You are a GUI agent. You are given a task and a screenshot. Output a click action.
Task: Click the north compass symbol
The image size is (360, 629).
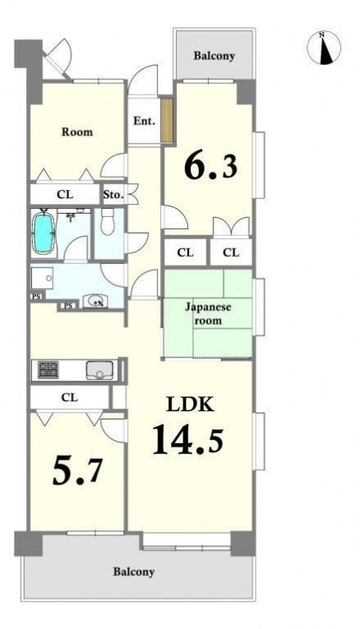324,48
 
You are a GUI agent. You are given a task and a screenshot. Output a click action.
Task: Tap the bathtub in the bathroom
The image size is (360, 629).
43,233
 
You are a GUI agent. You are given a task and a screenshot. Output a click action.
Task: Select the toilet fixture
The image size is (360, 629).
107,222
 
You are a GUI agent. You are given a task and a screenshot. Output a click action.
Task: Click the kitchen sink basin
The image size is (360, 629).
99,370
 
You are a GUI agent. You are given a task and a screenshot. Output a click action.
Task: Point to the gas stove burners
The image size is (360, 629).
48,370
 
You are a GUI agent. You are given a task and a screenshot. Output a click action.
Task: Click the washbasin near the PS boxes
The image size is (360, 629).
95,300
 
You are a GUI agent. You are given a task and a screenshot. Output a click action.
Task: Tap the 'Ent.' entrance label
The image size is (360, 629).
144,121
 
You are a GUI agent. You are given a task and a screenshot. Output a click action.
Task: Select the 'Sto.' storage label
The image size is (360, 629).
113,195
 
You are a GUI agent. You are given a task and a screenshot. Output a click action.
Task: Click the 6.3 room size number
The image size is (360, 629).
211,165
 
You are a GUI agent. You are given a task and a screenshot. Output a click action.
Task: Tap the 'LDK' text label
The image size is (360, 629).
190,405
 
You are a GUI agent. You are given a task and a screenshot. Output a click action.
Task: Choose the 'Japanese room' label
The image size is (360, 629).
208,314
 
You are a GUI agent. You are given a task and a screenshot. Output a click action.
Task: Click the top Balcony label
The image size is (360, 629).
214,56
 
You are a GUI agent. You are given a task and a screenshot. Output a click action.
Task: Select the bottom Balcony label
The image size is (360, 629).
133,571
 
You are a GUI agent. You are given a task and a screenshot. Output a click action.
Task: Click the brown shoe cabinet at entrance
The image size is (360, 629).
166,120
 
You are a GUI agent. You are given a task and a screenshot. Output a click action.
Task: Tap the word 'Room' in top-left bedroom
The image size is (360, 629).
77,132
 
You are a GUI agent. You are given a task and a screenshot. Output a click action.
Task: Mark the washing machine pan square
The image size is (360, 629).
42,278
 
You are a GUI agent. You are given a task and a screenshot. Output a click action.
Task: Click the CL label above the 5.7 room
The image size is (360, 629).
69,397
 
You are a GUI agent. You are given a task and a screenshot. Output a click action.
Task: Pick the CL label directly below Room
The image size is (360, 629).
65,195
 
